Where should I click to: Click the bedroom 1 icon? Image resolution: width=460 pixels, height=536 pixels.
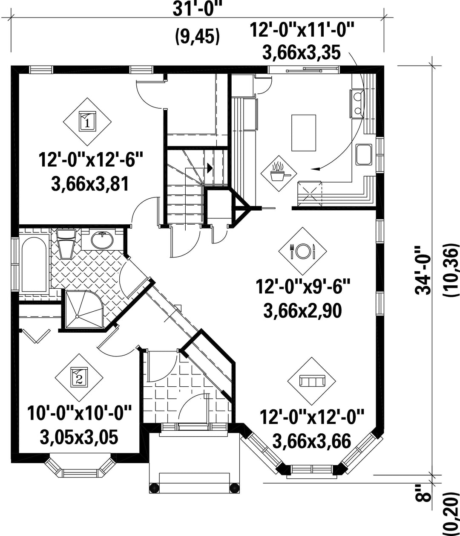88,122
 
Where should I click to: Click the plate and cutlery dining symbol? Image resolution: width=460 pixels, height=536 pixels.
302,251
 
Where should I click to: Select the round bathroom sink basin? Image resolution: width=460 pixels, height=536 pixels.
102,240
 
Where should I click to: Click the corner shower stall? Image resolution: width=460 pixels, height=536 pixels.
85,309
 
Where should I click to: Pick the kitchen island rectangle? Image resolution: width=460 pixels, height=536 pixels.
304,133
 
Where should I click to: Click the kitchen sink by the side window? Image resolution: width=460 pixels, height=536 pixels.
363,155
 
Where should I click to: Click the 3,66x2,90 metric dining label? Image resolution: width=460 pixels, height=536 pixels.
303,311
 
